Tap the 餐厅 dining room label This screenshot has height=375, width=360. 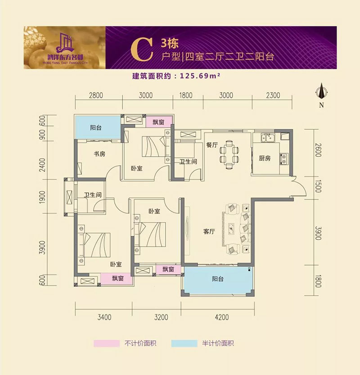[x=212, y=145]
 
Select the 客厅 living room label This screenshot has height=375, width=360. [x=208, y=232]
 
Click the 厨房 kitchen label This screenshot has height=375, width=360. [x=265, y=158]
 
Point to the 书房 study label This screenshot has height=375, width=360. [x=99, y=154]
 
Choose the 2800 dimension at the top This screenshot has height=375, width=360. [x=96, y=95]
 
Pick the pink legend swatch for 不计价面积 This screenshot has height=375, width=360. [x=106, y=343]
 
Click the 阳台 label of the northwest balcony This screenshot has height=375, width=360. [x=95, y=128]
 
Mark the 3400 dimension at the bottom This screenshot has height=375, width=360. [x=104, y=317]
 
